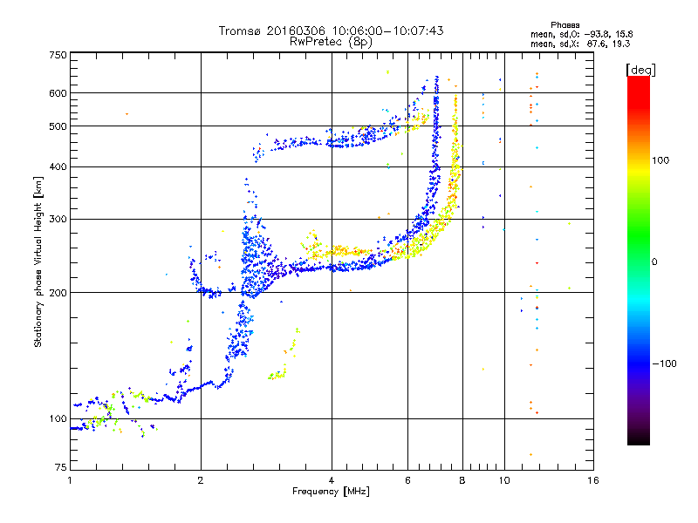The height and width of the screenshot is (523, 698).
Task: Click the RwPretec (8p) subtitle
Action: pos(331,42)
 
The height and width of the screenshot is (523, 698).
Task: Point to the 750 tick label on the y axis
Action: pos(58,55)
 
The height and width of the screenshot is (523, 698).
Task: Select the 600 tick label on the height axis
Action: pos(58,93)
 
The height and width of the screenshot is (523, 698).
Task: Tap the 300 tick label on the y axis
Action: pos(58,219)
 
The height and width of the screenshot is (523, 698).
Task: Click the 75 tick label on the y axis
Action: pos(61,467)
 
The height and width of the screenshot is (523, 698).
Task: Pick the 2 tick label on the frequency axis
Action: pos(201,480)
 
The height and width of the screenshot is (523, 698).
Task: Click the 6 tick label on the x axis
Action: pos(407,480)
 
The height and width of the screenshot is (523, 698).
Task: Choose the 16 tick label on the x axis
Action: pos(593,480)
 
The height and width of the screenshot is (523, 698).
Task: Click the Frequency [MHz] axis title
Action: pos(331,492)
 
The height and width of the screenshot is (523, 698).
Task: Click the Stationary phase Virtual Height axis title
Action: pos(38,261)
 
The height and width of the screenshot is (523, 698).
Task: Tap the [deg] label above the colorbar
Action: pos(640,70)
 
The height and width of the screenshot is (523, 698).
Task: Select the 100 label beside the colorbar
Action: pos(660,160)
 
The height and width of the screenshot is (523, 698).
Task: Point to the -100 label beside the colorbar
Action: pos(664,363)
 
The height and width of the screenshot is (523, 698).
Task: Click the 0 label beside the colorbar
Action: pos(654,262)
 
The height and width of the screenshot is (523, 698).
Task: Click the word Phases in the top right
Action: pos(565,25)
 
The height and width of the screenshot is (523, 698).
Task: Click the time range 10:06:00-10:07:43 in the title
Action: pos(387,31)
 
